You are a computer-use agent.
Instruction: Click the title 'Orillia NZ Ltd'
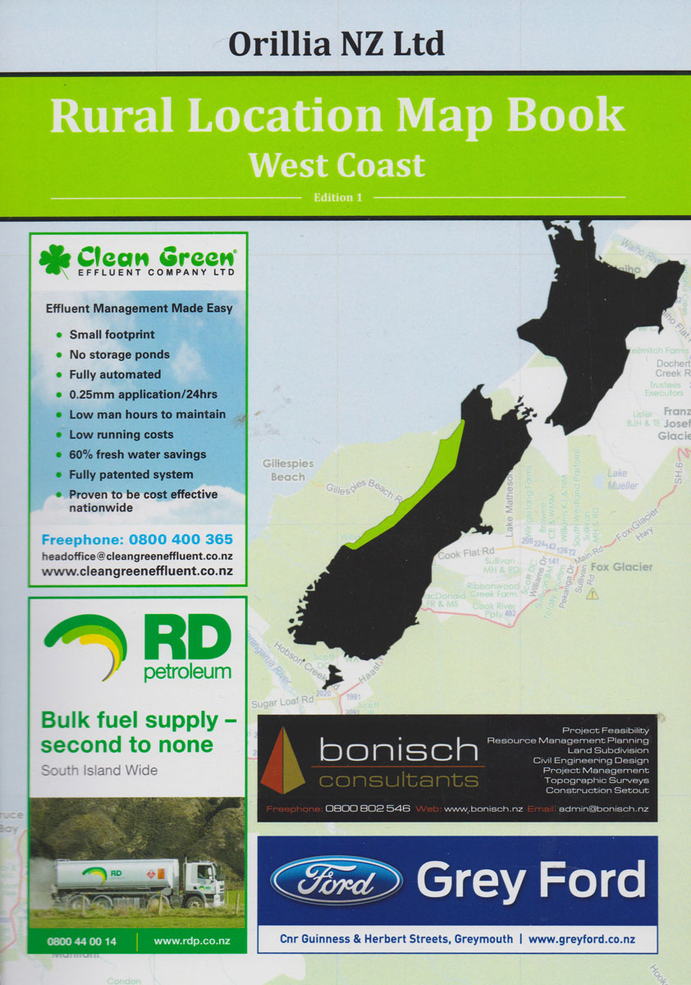[x=336, y=43]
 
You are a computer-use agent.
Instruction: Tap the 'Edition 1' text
[x=337, y=198]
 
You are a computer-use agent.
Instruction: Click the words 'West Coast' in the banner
[x=336, y=164]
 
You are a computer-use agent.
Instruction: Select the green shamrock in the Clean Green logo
[x=55, y=259]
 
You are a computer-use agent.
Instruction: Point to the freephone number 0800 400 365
[x=137, y=539]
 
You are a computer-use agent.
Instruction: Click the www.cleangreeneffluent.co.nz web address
[x=137, y=571]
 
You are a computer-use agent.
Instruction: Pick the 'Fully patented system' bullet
[x=130, y=474]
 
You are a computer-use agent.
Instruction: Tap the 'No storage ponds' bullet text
[x=119, y=355]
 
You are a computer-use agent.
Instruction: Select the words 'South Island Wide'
[x=99, y=771]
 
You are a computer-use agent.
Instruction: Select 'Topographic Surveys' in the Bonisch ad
[x=597, y=781]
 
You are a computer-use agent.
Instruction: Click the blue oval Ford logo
[x=336, y=880]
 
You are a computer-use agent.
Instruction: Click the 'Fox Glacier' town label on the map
[x=621, y=567]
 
